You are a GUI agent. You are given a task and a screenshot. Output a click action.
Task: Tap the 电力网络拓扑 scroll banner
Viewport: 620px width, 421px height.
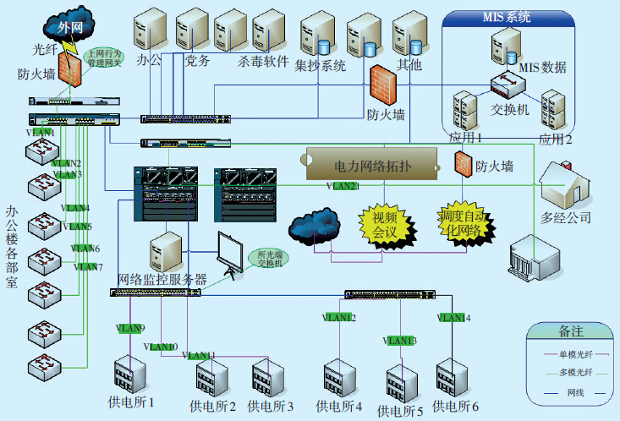pos(372,164)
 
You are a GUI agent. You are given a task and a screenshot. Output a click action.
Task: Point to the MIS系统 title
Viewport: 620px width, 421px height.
pos(507,17)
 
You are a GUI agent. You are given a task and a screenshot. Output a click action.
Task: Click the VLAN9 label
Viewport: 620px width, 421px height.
pos(131,329)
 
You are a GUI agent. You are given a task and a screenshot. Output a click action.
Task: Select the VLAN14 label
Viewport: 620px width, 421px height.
pos(453,318)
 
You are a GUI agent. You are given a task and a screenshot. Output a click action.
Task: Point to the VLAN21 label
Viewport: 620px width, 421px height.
pos(343,186)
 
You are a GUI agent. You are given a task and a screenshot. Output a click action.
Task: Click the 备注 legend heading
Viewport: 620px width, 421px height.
pos(571,331)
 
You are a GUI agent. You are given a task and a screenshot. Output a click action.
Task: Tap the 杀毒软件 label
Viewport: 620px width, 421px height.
pos(263,62)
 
